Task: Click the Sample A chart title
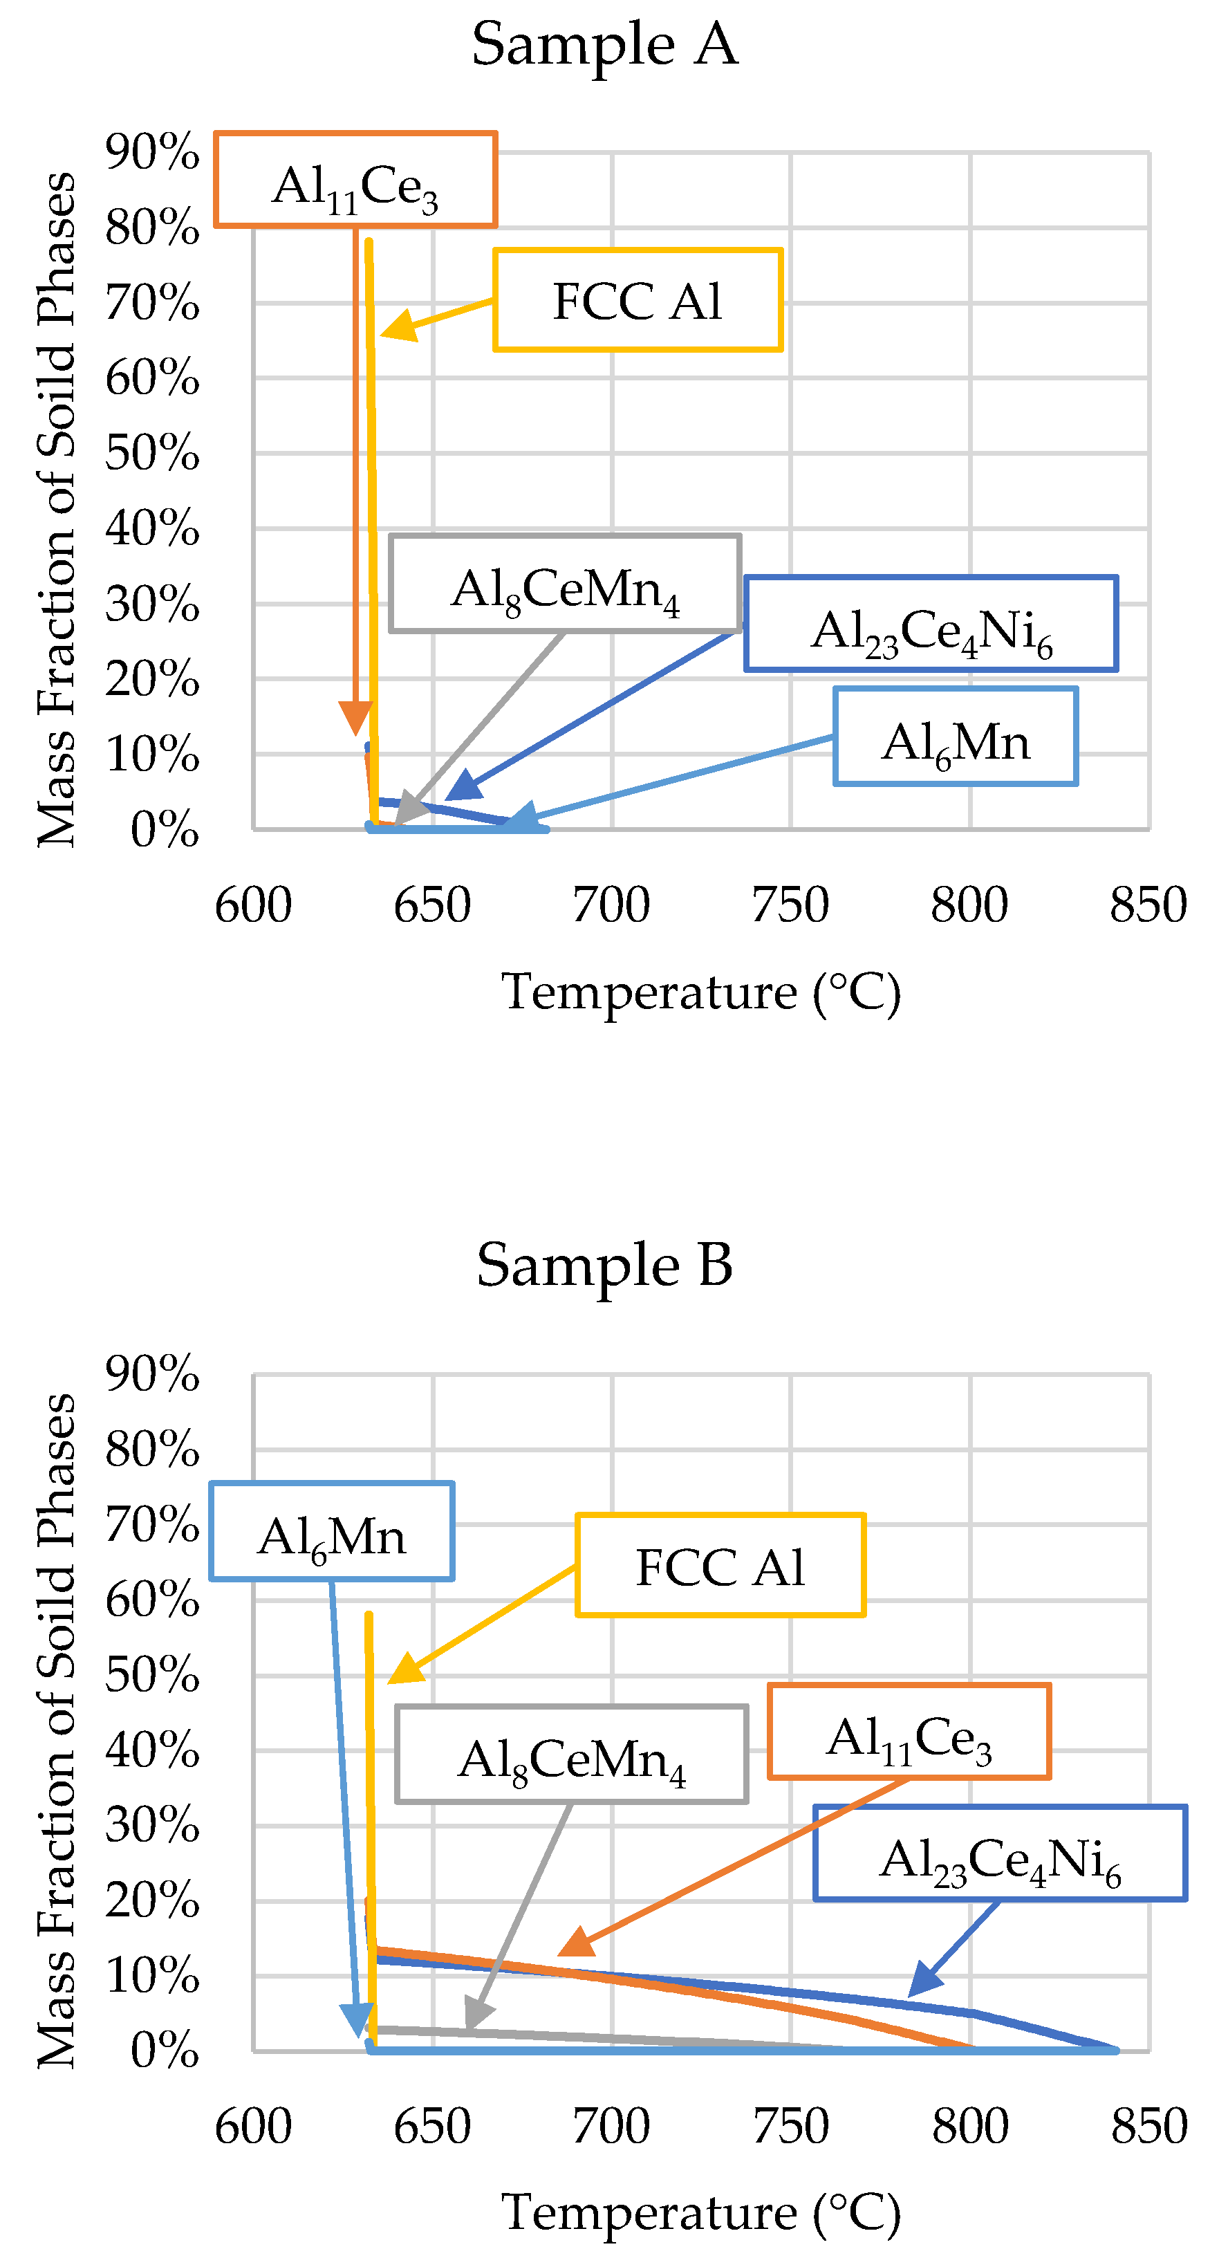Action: tap(604, 44)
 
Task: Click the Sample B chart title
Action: tap(604, 1265)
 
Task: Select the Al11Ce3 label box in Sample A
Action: tap(355, 181)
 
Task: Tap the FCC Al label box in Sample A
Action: tap(638, 300)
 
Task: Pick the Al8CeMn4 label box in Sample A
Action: tap(565, 584)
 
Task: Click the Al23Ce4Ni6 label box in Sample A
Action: tap(931, 624)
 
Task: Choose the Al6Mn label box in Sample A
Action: tap(956, 737)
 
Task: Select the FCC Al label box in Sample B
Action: tap(720, 1566)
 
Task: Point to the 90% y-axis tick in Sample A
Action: tap(152, 151)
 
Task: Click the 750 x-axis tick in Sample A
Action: tap(790, 905)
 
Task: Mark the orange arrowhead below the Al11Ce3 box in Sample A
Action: tap(355, 717)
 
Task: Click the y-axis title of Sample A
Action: tap(56, 510)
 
